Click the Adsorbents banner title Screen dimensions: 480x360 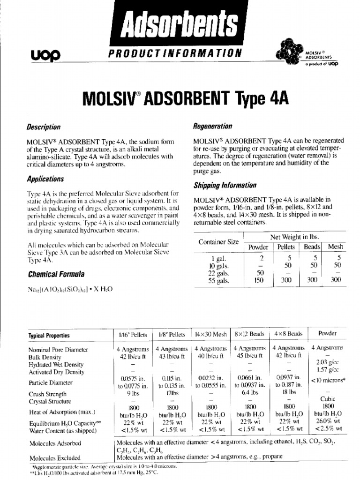click(180, 22)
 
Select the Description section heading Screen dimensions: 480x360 click(44, 127)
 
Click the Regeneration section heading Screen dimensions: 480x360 click(212, 126)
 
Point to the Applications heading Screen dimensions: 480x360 click(45, 179)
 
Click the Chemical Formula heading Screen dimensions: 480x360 click(52, 274)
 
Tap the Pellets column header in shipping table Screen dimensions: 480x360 click(286, 247)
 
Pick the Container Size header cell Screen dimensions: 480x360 click(218, 242)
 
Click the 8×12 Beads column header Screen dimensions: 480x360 click(250, 334)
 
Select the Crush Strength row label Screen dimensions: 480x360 click(48, 394)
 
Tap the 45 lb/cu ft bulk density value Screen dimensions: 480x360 click(250, 356)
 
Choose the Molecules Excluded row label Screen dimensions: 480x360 click(55, 458)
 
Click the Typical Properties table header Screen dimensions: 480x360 click(49, 336)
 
